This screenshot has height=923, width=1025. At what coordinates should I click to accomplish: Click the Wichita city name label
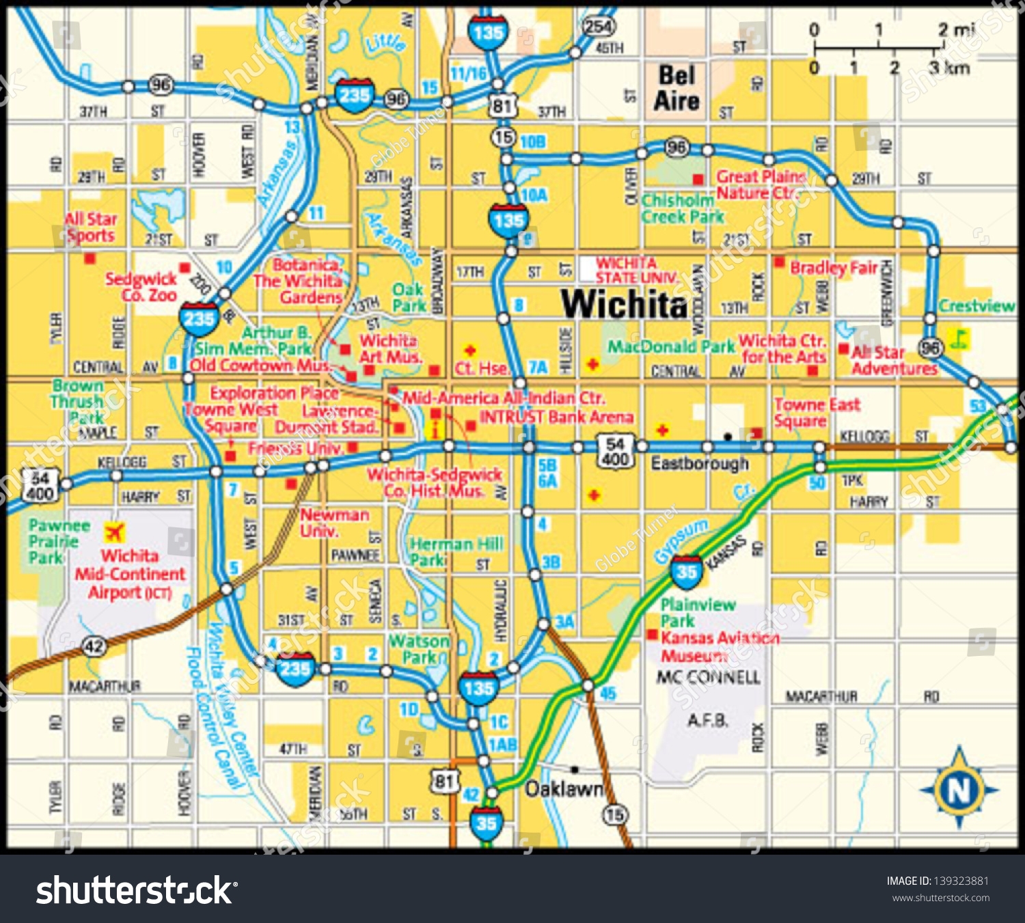[624, 304]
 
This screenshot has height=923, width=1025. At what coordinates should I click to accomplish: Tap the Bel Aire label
[676, 88]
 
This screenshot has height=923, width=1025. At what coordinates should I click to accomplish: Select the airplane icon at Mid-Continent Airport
[115, 532]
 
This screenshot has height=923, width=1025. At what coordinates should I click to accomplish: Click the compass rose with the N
[959, 789]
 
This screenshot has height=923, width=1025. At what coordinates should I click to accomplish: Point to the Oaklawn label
[564, 789]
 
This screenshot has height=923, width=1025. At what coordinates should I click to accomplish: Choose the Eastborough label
[700, 464]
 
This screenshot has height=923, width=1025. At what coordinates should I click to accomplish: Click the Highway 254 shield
[598, 27]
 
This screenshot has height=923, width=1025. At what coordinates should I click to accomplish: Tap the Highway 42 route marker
[94, 646]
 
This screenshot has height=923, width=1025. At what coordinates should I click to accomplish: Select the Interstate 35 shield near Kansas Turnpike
[686, 572]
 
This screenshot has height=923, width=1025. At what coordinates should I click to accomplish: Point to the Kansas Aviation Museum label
[719, 646]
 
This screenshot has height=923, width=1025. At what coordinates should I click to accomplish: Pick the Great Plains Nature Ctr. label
[759, 184]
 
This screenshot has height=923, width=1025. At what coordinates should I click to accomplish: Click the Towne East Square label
[816, 412]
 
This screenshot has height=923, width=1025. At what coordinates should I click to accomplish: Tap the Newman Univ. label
[334, 523]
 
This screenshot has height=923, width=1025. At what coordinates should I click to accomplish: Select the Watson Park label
[419, 649]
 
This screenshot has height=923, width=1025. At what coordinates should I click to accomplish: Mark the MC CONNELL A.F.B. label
[708, 698]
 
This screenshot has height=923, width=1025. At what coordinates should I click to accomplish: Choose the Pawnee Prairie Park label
[59, 541]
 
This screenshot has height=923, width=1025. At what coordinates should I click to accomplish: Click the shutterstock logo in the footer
[136, 890]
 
